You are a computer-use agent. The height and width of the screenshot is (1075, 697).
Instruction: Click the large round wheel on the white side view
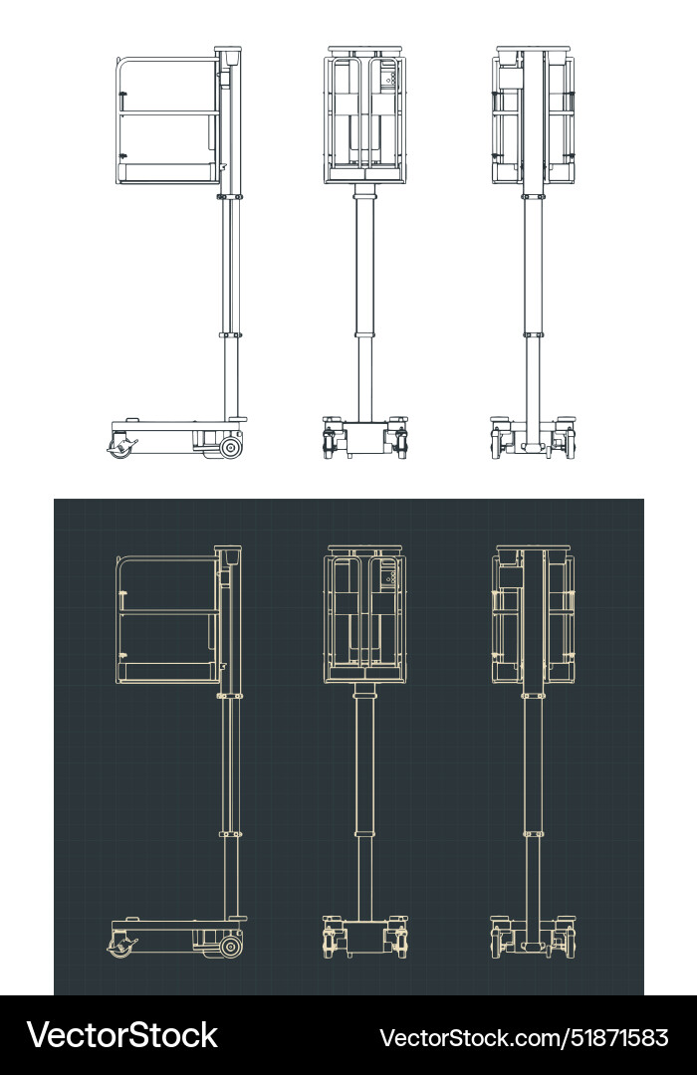[x=231, y=448]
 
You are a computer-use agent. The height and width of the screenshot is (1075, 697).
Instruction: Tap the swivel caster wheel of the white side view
[x=121, y=448]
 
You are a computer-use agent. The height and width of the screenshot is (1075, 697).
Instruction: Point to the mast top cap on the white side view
[x=228, y=51]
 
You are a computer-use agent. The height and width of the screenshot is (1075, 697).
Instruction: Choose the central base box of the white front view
[x=364, y=438]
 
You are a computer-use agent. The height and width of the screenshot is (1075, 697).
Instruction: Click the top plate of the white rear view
[x=534, y=48]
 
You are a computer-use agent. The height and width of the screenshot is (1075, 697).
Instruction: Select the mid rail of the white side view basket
[x=167, y=112]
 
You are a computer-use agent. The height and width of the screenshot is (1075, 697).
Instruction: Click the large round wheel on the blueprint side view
[x=231, y=947]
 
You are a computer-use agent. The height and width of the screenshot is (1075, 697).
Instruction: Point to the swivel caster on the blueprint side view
[x=121, y=947]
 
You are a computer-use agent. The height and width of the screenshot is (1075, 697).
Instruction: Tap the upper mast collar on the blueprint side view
[x=230, y=695]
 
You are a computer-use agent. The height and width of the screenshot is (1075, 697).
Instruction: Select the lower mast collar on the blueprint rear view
[x=534, y=833]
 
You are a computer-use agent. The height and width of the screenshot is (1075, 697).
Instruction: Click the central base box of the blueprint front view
[x=364, y=937]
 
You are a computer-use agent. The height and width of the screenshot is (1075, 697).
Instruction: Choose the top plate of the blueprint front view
[x=364, y=546]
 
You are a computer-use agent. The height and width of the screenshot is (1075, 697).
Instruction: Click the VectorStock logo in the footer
[x=121, y=1035]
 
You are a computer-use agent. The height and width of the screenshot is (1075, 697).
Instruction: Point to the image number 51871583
[x=616, y=1037]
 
